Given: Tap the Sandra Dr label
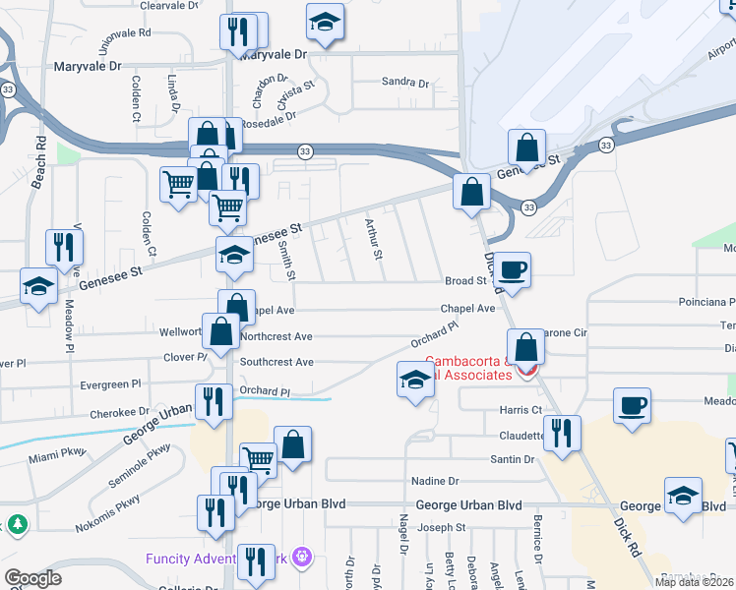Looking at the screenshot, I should (405, 83).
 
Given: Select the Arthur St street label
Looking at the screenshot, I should (373, 239).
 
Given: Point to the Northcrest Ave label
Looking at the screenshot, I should (276, 335).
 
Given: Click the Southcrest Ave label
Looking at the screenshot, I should (276, 362).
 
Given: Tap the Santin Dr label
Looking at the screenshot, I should (513, 459).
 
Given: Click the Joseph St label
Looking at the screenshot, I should (441, 528).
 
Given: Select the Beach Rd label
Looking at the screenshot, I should (40, 156).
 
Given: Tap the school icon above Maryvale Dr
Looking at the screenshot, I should (325, 21).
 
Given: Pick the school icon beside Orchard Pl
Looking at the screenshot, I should (415, 380).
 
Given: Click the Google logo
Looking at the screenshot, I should (32, 578).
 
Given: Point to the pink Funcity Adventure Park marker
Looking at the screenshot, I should (303, 559).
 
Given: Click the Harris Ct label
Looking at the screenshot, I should (521, 409).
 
